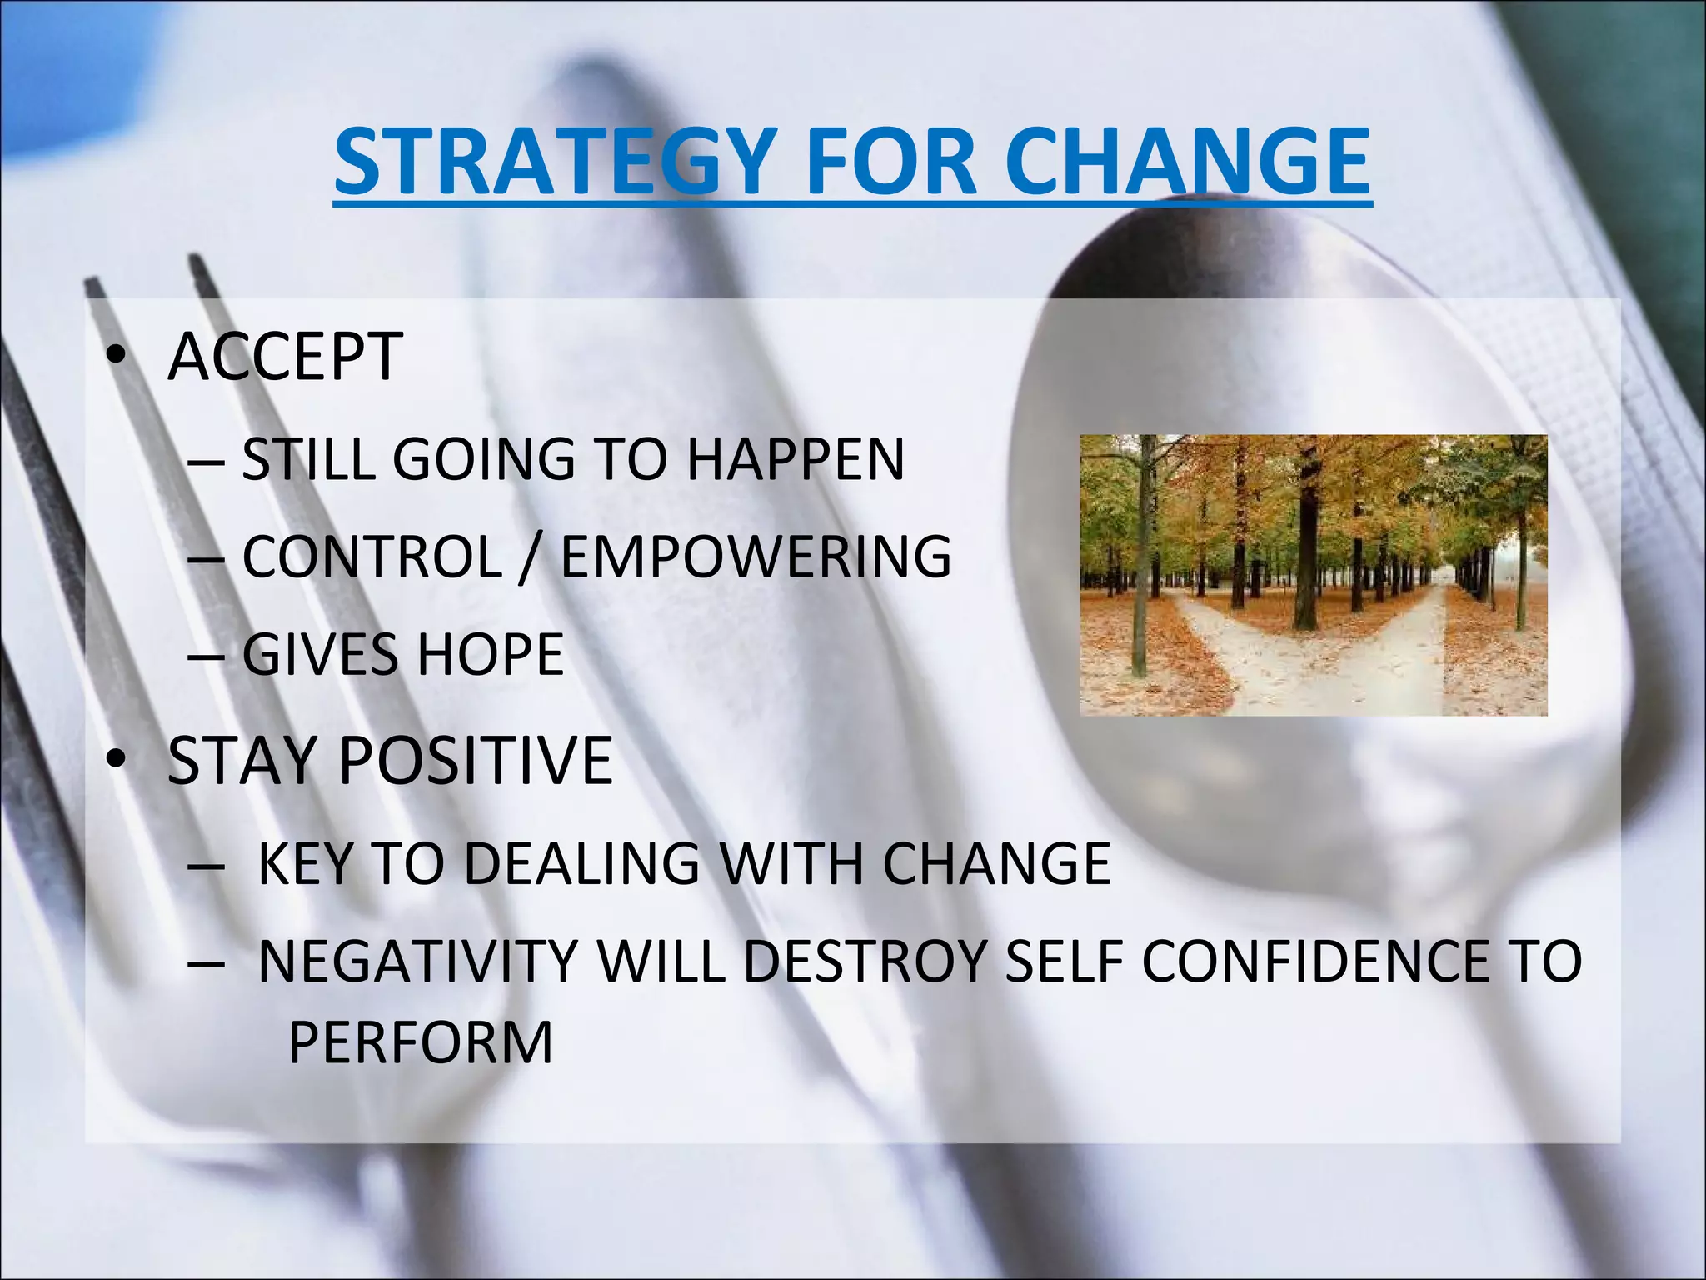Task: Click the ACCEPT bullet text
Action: tap(285, 357)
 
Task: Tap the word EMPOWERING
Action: tap(756, 557)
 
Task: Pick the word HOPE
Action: tap(491, 654)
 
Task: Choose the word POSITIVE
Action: tap(476, 760)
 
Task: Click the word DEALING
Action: tap(581, 863)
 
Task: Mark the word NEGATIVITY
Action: tap(417, 962)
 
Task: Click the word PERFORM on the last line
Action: tap(421, 1042)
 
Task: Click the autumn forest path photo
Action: tap(1314, 575)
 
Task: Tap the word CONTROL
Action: tap(372, 557)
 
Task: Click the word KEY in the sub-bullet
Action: tap(305, 863)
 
